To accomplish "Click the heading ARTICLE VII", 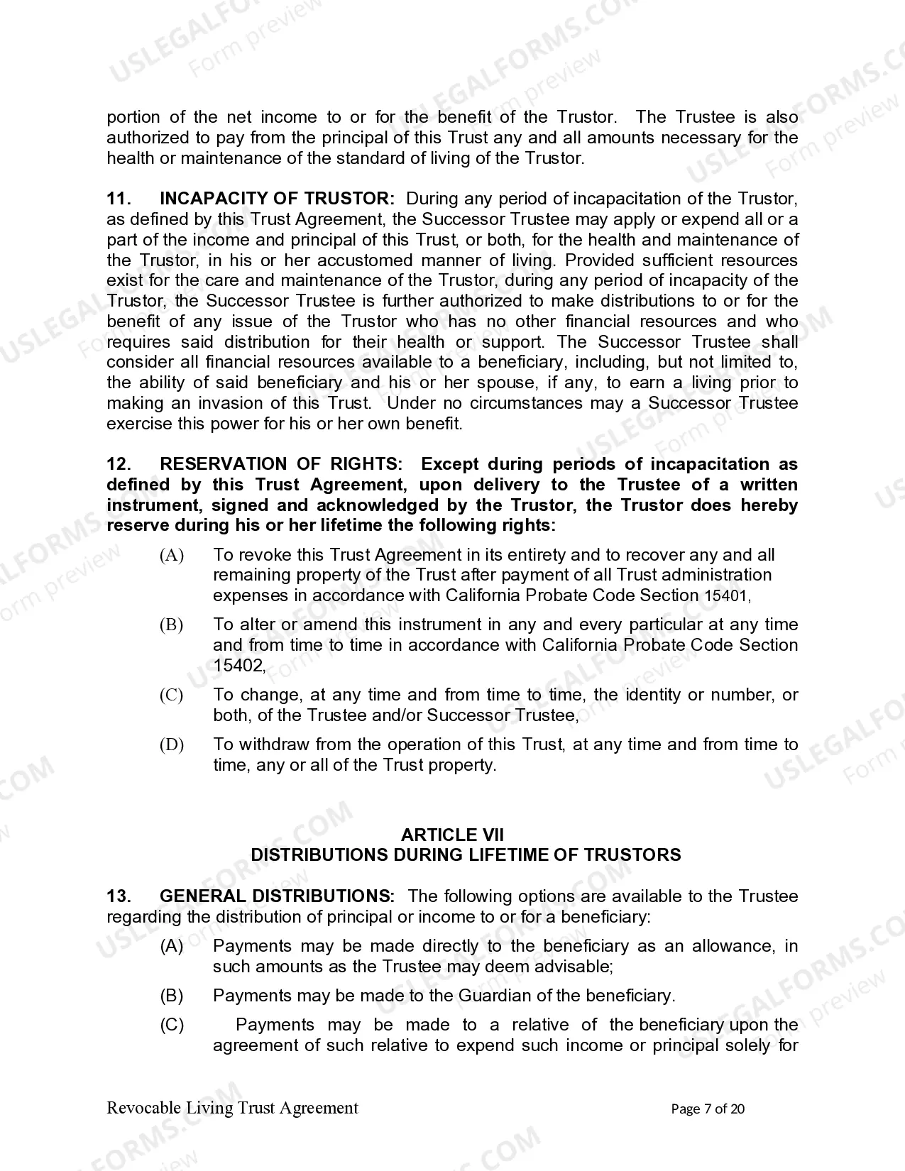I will coord(452,835).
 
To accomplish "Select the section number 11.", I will coord(119,199).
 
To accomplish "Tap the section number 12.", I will coord(119,464).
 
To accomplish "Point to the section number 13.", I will coord(119,896).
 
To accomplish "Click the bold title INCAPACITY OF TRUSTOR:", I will coord(277,199).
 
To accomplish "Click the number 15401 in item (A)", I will coord(725,596).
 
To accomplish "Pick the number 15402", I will coord(238,666).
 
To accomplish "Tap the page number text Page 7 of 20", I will coord(708,1109).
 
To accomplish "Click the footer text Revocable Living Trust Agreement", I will coord(232,1108).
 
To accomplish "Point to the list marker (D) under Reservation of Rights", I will coord(172,744).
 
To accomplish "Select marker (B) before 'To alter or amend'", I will coord(172,625).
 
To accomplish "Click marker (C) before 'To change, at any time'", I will coord(172,695).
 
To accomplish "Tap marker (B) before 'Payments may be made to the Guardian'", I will coord(172,996).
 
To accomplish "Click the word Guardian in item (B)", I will coord(492,996).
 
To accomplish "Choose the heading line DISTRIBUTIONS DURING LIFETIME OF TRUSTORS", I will coord(466,855).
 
